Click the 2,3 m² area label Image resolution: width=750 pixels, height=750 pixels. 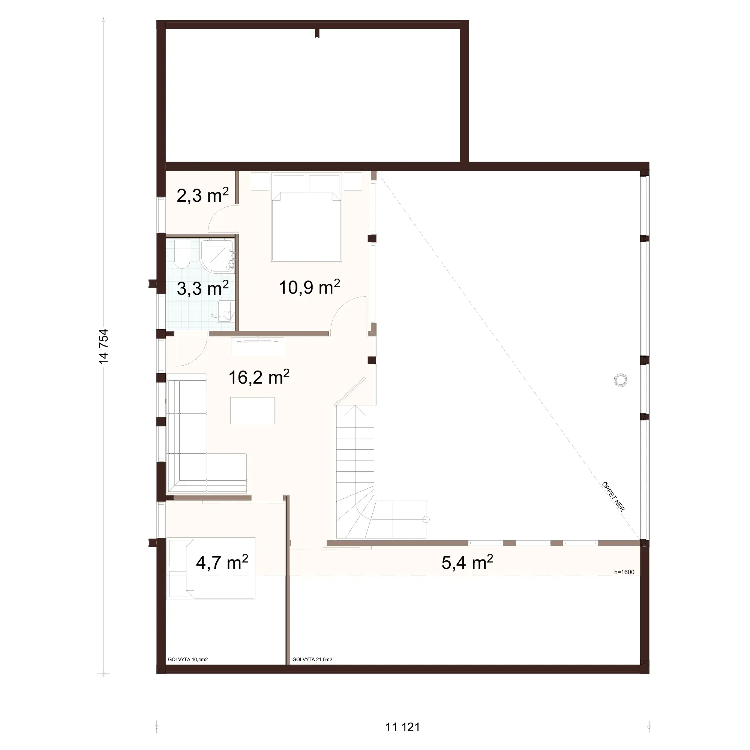(x=202, y=195)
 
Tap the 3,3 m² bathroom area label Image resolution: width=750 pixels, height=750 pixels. (x=202, y=288)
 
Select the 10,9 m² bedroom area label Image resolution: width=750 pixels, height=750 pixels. (x=309, y=287)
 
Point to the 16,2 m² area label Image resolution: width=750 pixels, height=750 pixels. (x=258, y=377)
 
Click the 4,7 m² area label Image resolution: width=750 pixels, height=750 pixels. (x=222, y=562)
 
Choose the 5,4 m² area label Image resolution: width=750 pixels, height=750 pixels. (x=467, y=562)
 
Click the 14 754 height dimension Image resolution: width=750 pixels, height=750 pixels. (x=103, y=346)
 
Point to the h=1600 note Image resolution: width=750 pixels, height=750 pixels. (x=624, y=572)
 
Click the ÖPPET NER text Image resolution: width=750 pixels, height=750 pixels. (x=613, y=496)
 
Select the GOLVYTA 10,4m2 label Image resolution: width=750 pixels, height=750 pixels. (x=188, y=659)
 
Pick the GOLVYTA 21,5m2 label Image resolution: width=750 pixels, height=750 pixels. (x=312, y=659)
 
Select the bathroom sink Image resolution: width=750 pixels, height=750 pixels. (x=225, y=311)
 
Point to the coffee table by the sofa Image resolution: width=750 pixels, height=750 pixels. (x=252, y=410)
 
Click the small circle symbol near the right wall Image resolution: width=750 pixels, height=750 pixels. (x=620, y=380)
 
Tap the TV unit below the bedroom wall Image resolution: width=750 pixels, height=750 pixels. (x=257, y=345)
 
